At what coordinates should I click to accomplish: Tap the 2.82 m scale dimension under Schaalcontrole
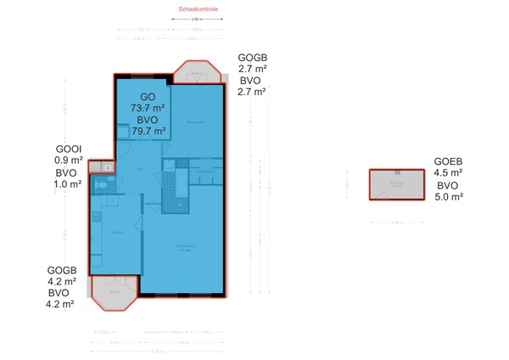(197, 18)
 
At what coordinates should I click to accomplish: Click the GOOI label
(68, 148)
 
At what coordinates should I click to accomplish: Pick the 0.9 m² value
(69, 160)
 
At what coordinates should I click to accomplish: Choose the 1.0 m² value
(69, 183)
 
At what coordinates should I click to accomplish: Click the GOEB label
(449, 160)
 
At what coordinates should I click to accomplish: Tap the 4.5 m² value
(449, 172)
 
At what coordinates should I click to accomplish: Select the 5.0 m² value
(449, 197)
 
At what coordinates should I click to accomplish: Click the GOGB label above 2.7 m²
(252, 56)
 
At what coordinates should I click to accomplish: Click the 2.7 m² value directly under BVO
(252, 92)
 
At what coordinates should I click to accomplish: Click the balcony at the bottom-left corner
(114, 292)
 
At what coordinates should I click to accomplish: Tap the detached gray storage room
(396, 184)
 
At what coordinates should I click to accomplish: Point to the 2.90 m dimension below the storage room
(395, 222)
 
